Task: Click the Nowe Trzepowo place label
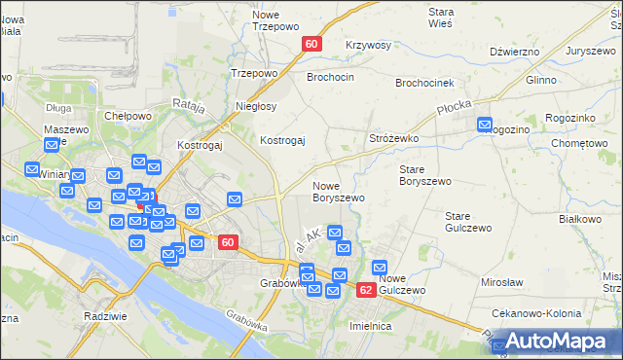click(272, 20)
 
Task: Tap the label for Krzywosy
click(368, 46)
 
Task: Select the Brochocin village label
click(330, 76)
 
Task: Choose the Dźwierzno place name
click(515, 52)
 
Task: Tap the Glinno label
click(540, 81)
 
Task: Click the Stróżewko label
click(393, 139)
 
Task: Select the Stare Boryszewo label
click(425, 175)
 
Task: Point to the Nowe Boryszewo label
click(338, 191)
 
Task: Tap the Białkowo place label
click(580, 220)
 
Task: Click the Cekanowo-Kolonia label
click(536, 314)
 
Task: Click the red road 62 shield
click(366, 290)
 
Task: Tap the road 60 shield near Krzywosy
click(311, 44)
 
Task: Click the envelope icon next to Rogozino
click(484, 125)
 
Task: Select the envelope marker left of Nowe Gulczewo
click(379, 268)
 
